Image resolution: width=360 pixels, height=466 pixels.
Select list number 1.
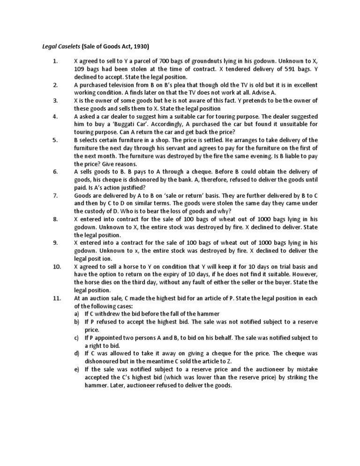[55, 61]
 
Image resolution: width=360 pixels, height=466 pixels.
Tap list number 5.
[55, 140]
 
